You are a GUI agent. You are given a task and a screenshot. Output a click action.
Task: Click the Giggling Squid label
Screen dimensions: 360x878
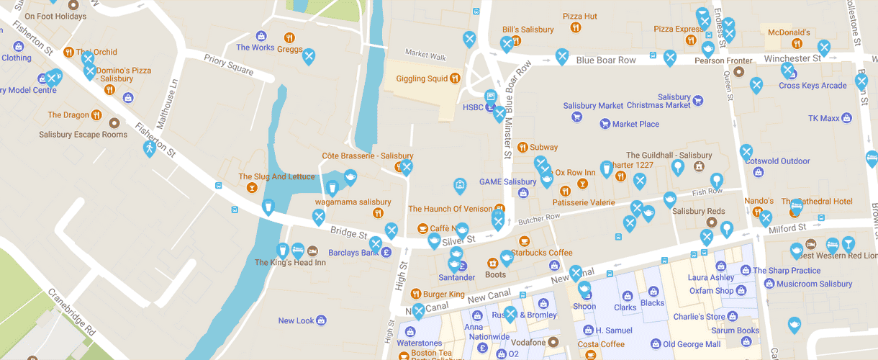[422, 78]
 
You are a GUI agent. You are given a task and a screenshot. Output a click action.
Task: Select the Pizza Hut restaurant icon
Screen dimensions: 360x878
[576, 28]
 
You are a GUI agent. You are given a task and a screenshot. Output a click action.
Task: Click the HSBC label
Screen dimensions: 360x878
[473, 107]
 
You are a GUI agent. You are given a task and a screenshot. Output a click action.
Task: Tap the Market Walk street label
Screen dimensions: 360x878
[425, 55]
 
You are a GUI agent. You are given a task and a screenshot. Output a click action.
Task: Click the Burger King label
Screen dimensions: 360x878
[443, 294]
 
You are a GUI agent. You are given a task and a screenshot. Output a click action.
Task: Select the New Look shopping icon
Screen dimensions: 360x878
[322, 320]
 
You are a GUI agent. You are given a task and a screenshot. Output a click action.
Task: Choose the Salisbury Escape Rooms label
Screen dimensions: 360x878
[83, 134]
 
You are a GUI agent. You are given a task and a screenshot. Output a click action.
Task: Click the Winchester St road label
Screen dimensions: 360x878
[792, 58]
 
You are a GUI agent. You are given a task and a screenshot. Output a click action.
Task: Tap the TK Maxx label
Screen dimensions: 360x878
[823, 118]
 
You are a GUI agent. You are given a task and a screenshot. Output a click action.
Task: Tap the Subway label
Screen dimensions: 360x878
[543, 147]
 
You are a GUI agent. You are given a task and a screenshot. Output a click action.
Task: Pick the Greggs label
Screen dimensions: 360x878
[289, 50]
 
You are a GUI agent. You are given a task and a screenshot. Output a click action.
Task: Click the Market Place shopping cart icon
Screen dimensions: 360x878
[605, 124]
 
